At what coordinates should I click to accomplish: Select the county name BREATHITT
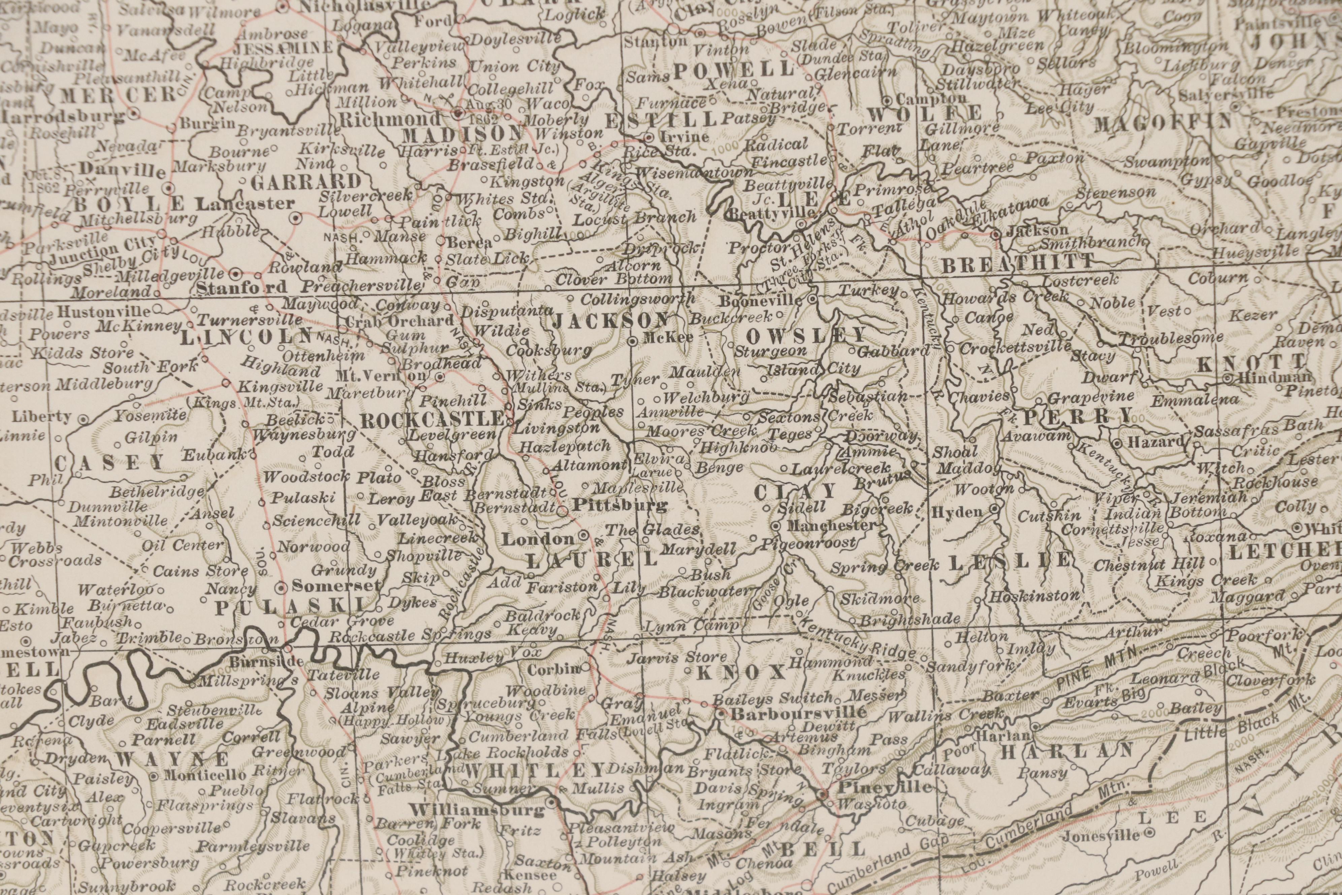[1017, 264]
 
